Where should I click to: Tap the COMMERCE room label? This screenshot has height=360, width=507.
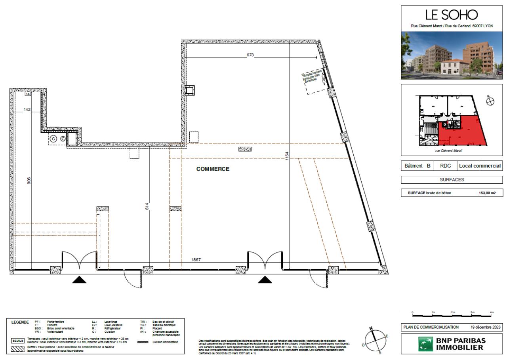[x=213, y=169]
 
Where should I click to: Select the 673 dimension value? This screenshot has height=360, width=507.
[x=250, y=55]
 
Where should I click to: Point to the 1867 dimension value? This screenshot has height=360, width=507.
[x=196, y=259]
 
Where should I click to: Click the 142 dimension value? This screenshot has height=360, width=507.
[x=27, y=110]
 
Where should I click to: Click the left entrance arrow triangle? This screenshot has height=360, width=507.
[x=80, y=280]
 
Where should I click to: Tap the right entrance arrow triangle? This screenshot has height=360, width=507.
[x=265, y=280]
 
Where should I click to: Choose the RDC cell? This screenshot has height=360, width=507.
[x=446, y=166]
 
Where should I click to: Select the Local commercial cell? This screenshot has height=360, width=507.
[x=480, y=166]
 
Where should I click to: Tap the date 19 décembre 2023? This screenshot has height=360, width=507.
[x=486, y=327]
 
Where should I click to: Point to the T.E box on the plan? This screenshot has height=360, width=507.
[x=28, y=94]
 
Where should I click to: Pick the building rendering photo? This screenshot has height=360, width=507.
[x=452, y=55]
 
